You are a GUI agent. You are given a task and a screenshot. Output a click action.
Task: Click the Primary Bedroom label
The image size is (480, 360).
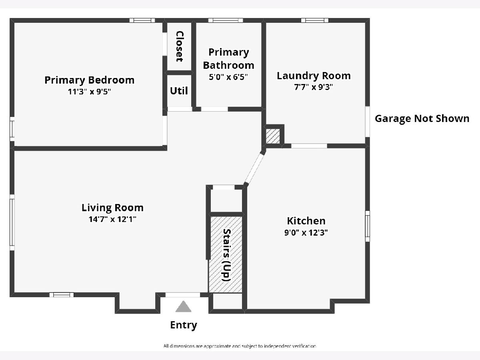pyautogui.click(x=90, y=80)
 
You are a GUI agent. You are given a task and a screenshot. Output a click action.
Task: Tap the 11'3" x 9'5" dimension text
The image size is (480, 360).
pyautogui.click(x=90, y=92)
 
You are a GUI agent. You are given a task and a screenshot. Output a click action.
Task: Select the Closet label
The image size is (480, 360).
pyautogui.click(x=180, y=46)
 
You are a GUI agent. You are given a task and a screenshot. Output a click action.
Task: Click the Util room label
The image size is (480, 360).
pyautogui.click(x=179, y=91)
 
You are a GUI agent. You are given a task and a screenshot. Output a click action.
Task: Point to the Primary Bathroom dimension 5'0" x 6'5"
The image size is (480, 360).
pyautogui.click(x=228, y=77)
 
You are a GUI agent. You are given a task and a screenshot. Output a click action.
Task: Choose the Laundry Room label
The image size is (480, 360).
pyautogui.click(x=314, y=76)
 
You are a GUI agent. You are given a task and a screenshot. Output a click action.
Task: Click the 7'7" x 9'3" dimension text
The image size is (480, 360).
pyautogui.click(x=314, y=87)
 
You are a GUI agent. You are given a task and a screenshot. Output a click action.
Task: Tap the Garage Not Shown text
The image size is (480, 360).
pyautogui.click(x=422, y=119)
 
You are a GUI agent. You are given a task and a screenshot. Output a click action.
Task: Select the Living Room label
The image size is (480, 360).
pyautogui.click(x=113, y=208)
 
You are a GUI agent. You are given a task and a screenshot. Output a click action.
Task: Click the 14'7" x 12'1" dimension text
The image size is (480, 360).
pyautogui.click(x=112, y=219)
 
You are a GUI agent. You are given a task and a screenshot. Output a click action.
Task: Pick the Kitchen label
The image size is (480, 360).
pyautogui.click(x=306, y=221)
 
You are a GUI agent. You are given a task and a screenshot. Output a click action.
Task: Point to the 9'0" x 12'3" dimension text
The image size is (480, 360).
pyautogui.click(x=306, y=232)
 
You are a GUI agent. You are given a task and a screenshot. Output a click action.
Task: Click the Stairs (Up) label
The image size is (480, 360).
pyautogui.click(x=226, y=255)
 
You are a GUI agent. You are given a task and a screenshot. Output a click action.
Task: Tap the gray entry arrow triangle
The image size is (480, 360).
pyautogui.click(x=183, y=307)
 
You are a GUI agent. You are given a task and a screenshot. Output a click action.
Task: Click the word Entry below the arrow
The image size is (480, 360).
pyautogui.click(x=184, y=325)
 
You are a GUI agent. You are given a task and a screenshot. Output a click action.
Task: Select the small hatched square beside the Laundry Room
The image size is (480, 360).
pyautogui.click(x=273, y=136)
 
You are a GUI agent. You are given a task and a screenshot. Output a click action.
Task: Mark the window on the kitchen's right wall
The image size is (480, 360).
pyautogui.click(x=368, y=226)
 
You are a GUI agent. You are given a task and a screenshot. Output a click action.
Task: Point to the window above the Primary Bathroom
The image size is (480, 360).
pyautogui.click(x=226, y=20)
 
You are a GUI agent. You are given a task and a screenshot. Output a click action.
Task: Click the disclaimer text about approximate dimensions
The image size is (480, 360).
pyautogui.click(x=240, y=346)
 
